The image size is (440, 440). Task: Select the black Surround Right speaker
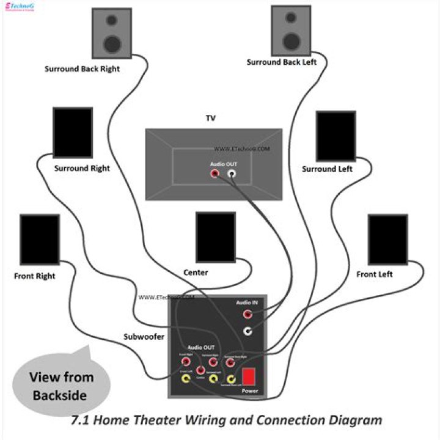[73, 133]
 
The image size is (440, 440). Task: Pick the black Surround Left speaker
[335, 136]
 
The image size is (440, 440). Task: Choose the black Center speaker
[216, 237]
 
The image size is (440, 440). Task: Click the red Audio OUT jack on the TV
[215, 174]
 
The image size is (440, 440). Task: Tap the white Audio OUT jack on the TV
[232, 174]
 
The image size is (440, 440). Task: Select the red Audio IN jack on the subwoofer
[248, 315]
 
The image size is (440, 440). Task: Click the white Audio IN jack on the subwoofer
[248, 331]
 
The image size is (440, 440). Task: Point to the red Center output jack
[200, 370]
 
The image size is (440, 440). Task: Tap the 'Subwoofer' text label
[144, 337]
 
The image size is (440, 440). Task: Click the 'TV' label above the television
[211, 118]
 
